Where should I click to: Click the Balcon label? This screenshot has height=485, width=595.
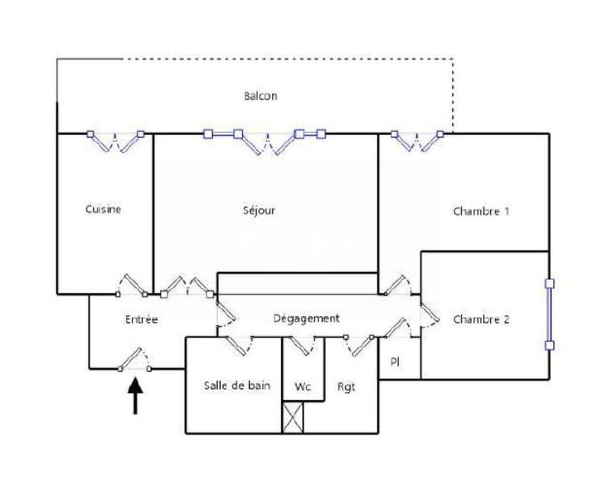(x=260, y=96)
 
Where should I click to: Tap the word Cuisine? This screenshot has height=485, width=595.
(x=103, y=209)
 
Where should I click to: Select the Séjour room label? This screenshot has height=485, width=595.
(x=259, y=211)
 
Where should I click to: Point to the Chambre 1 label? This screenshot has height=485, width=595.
(x=481, y=211)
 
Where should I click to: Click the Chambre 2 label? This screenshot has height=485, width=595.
(x=481, y=320)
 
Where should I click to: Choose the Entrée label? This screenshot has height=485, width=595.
(x=141, y=319)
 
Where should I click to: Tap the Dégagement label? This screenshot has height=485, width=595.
(x=306, y=318)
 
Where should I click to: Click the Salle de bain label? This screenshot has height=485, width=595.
(x=237, y=385)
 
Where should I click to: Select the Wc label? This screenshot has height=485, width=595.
(x=303, y=387)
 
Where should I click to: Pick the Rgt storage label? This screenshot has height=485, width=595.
(x=346, y=387)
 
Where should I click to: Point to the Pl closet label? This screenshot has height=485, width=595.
(x=395, y=362)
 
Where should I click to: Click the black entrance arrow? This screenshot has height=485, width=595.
(x=135, y=395)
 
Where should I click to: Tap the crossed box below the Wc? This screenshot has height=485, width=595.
(x=293, y=417)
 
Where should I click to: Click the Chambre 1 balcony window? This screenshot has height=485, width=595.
(x=416, y=140)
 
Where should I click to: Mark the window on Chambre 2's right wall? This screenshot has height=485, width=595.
(x=550, y=314)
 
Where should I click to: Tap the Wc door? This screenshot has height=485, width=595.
(x=303, y=344)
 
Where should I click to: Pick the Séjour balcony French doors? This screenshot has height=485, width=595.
(x=264, y=141)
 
